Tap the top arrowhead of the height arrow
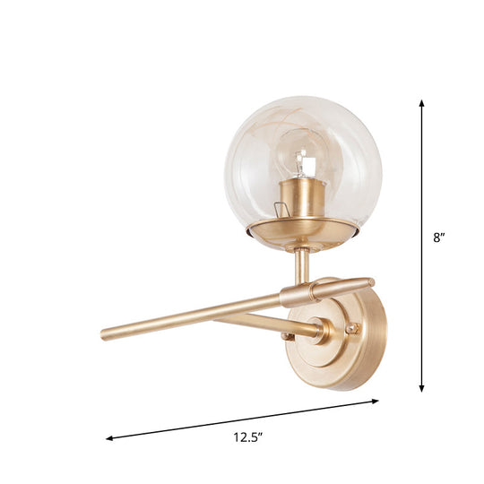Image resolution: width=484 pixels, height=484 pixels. point(421,104)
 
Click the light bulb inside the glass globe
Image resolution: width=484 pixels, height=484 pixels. point(305,161)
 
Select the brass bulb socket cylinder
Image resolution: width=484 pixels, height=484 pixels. point(301,198)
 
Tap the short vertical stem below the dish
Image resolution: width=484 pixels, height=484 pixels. point(303,264)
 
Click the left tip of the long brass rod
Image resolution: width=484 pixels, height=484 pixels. point(105,334)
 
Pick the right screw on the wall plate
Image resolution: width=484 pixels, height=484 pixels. point(352,328)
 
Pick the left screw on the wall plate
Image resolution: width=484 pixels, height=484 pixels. point(287,336)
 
